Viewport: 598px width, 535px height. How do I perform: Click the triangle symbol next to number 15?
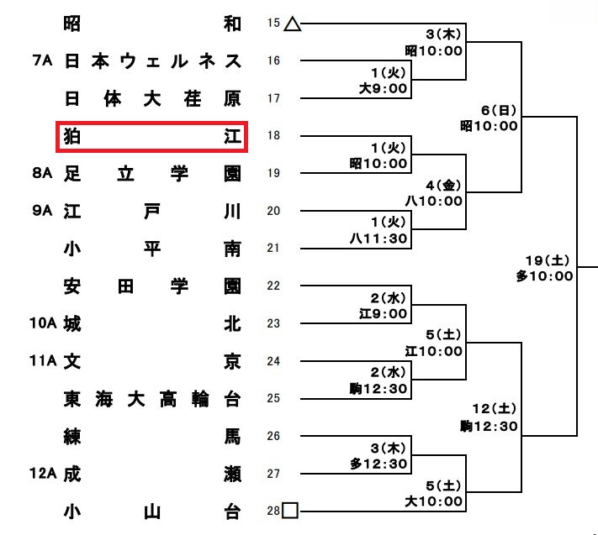293,24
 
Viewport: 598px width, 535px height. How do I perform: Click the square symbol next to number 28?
290,511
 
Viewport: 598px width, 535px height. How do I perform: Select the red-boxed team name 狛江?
152,136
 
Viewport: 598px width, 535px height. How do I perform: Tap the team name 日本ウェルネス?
152,61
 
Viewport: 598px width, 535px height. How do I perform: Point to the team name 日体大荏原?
152,99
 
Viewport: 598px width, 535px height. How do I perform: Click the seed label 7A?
42,60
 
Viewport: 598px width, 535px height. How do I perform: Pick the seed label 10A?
43,323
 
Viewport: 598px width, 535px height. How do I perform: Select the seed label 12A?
43,474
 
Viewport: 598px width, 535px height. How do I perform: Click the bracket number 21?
273,249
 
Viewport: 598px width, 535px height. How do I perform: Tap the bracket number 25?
273,398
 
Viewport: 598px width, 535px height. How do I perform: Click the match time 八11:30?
378,239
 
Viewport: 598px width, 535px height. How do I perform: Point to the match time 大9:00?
384,89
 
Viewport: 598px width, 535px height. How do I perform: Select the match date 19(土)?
548,261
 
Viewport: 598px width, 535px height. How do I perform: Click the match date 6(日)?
499,111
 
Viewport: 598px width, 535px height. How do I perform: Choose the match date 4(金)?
443,186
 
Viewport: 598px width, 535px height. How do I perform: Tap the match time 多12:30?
378,464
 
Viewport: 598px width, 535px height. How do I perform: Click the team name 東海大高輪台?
152,399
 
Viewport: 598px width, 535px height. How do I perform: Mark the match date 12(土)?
495,409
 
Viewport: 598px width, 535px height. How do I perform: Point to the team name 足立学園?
152,174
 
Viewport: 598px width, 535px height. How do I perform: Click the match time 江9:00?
384,314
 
